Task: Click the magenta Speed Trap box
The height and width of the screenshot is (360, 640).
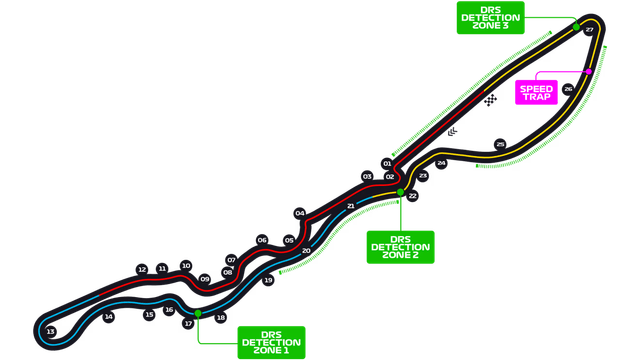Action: point(537,92)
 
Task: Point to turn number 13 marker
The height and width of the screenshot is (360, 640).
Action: point(50,331)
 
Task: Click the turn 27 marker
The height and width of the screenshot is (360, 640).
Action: point(590,30)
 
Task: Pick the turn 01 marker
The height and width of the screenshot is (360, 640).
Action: point(387,163)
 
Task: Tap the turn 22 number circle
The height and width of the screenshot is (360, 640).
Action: point(412,197)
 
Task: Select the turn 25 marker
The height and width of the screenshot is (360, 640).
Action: point(500,144)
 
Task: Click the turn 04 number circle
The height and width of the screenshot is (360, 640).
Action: point(299,213)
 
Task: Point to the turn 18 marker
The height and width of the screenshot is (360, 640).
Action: point(221,318)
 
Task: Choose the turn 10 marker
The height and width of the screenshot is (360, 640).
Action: point(185,266)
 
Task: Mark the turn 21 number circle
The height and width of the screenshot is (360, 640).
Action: point(350,206)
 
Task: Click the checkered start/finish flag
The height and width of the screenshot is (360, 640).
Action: point(489,100)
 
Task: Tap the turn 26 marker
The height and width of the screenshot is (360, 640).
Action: point(568,89)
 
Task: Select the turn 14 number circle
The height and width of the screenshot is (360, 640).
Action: point(109,316)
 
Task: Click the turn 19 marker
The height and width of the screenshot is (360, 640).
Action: point(269,281)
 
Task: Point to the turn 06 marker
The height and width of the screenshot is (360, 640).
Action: point(262,240)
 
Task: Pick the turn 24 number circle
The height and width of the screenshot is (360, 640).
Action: point(441,162)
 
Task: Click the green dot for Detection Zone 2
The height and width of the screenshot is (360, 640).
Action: point(400,192)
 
